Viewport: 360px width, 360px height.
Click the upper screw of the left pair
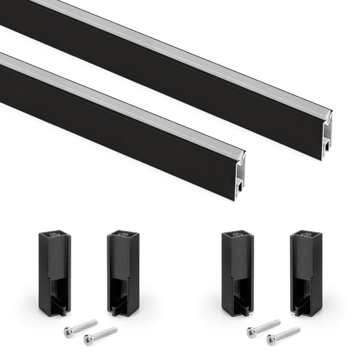click(80, 327)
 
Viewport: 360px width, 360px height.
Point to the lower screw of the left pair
click(101, 336)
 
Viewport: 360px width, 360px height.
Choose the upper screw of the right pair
click(264, 327)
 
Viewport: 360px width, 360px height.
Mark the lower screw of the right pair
click(283, 336)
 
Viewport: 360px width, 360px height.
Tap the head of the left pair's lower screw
click(88, 340)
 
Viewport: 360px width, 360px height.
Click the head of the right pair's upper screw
click(251, 331)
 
